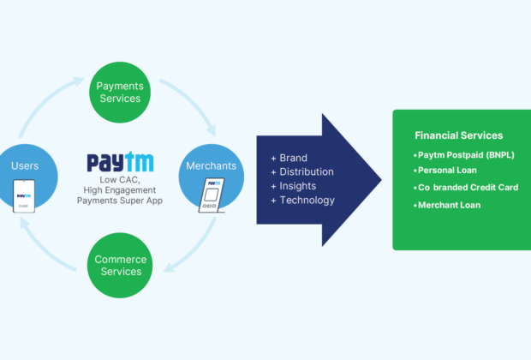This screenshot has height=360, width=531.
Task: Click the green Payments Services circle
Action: (x=120, y=93)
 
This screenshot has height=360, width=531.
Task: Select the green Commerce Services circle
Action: (x=120, y=265)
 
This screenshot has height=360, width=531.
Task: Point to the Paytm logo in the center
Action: (x=120, y=162)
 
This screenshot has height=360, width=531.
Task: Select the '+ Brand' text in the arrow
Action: (x=289, y=159)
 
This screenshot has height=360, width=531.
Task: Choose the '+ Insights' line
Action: (x=293, y=186)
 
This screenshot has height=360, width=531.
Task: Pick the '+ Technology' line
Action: (x=302, y=200)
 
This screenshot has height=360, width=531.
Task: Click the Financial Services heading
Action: (x=458, y=135)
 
